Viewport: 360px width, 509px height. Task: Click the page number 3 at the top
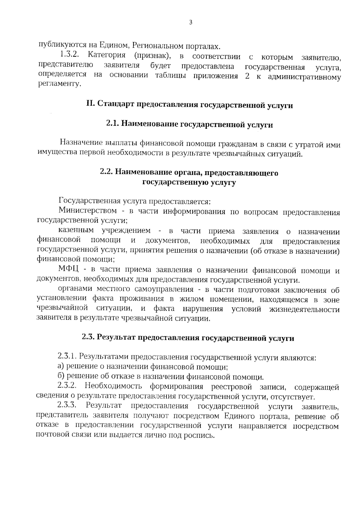[190, 22]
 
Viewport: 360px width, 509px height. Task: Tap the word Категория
[106, 55]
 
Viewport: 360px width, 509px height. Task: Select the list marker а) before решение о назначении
[61, 366]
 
